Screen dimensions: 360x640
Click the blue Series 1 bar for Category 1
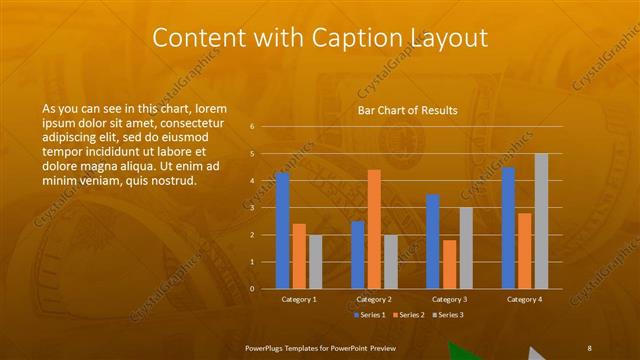tap(282, 230)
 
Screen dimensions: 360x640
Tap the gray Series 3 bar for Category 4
tap(541, 221)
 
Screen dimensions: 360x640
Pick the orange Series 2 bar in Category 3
tap(449, 264)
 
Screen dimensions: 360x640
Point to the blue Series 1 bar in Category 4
tap(509, 228)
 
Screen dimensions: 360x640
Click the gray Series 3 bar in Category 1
tap(315, 261)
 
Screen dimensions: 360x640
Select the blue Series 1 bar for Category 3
tap(433, 241)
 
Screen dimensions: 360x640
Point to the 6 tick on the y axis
tap(252, 127)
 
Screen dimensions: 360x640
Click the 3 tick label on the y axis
tap(252, 208)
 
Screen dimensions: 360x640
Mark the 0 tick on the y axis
tap(252, 289)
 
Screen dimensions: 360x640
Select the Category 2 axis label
tap(373, 299)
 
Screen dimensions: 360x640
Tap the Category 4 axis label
tap(524, 299)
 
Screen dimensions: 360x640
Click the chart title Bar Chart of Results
tap(407, 110)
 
